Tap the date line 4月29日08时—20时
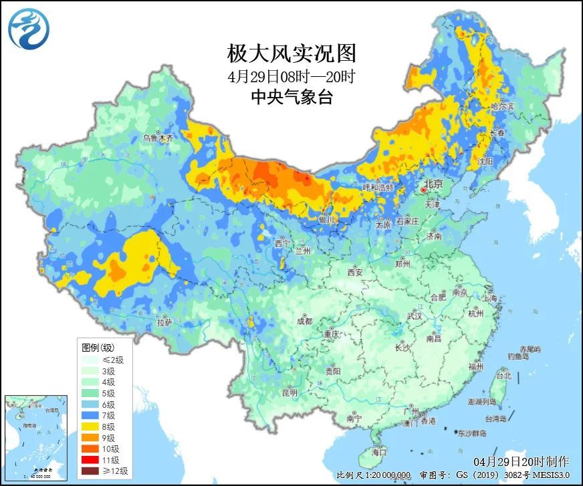pos(291,76)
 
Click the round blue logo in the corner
pos(29,29)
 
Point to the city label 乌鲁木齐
pos(158,138)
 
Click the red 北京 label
pos(433,184)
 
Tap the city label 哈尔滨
pos(503,106)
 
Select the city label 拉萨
pos(164,322)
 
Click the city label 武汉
pos(414,316)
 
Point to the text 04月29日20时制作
pos(521,462)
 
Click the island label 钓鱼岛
pos(519,356)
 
